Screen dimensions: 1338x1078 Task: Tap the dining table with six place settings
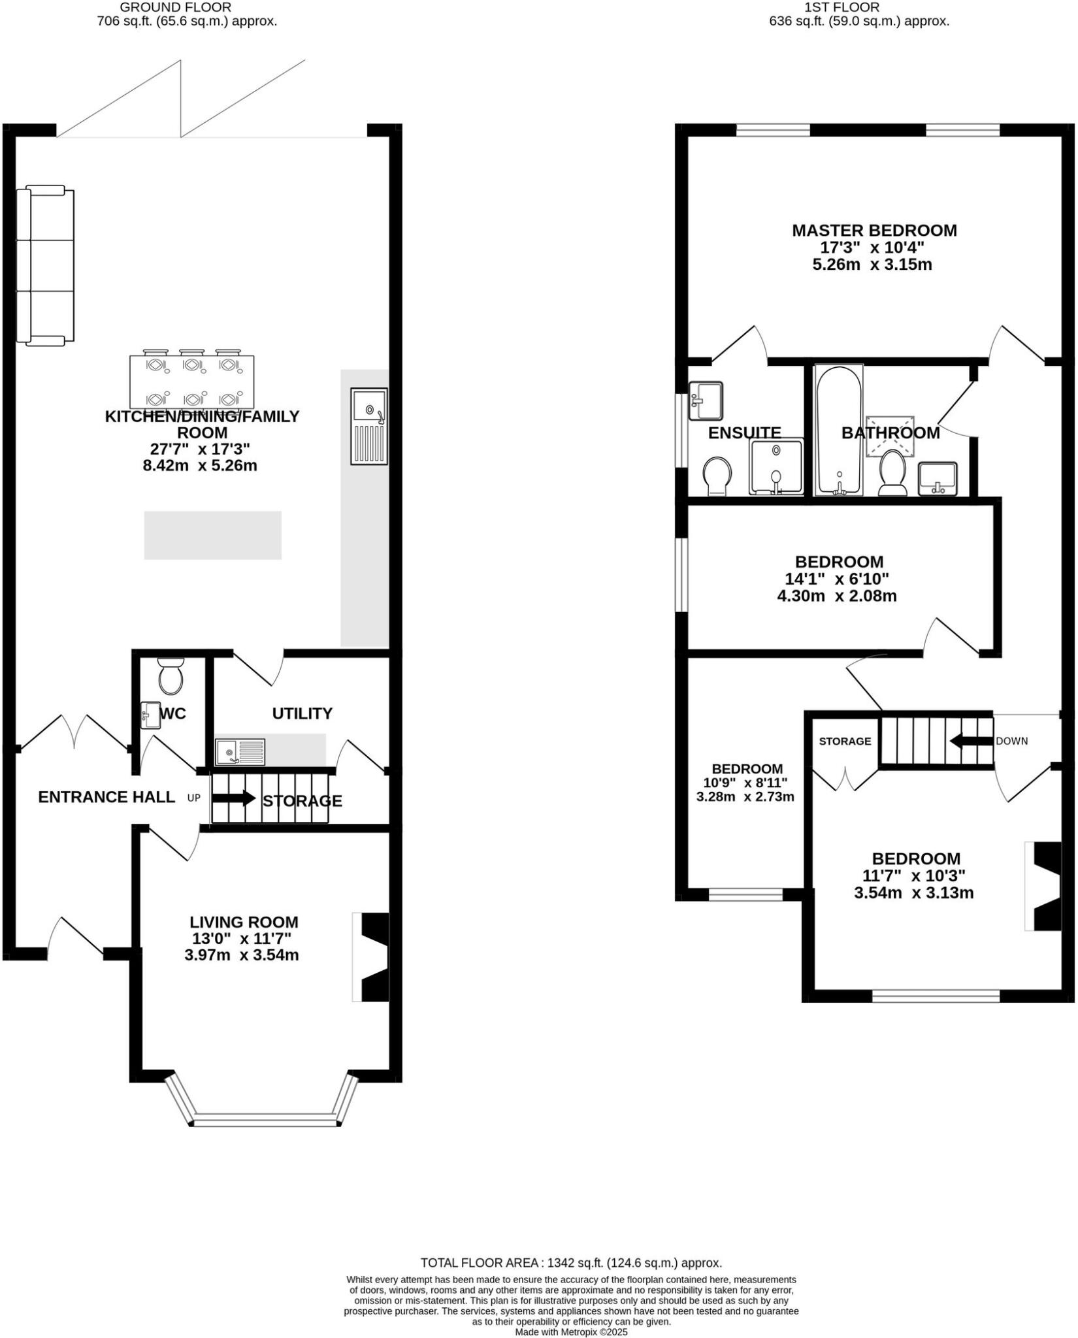click(191, 382)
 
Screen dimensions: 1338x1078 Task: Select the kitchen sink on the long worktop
click(369, 426)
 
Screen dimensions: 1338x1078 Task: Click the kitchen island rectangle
click(212, 535)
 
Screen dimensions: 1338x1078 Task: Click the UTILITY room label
click(302, 713)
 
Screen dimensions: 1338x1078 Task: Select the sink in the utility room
click(240, 752)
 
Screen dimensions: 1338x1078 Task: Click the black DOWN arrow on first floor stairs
click(972, 741)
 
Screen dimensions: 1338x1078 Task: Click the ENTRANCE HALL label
click(106, 797)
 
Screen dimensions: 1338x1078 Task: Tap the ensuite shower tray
click(776, 466)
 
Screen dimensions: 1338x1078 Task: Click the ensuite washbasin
click(706, 400)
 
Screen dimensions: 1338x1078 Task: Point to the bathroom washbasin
click(938, 479)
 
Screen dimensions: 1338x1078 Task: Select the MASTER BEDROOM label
click(874, 230)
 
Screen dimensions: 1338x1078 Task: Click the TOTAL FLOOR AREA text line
click(571, 1263)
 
